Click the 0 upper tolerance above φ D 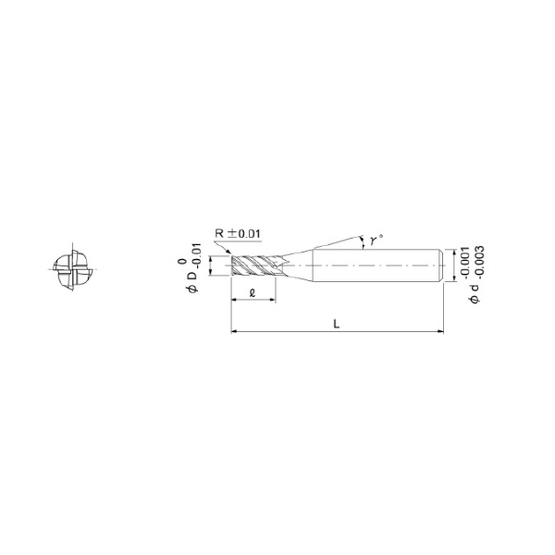coord(181,262)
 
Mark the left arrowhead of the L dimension coord(232,331)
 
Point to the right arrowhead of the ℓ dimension coord(274,302)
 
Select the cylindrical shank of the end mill coord(375,265)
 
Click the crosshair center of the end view coord(70,269)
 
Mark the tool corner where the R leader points coord(229,255)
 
